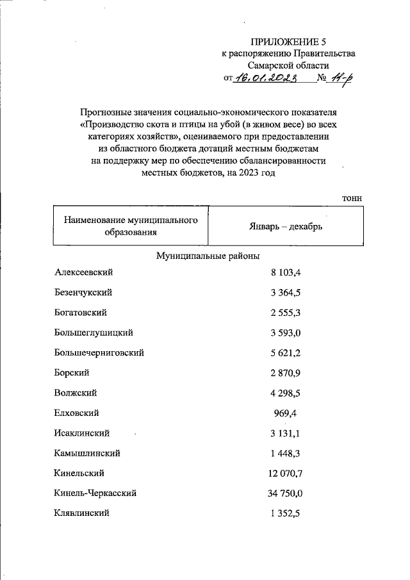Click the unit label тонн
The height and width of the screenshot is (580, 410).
[x=352, y=199]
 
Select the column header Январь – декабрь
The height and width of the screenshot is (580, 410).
[x=286, y=227]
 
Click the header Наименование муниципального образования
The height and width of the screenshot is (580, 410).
[x=130, y=226]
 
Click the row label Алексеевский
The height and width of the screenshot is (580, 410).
[x=84, y=272]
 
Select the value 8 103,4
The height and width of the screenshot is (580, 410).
[x=286, y=272]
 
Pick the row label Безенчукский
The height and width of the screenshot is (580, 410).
[x=84, y=292]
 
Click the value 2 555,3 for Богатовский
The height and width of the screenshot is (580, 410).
[x=286, y=312]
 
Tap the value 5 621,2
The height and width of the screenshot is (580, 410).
[x=286, y=352]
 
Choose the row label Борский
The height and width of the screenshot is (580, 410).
[x=72, y=372]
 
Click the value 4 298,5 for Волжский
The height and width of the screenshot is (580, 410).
[x=286, y=393]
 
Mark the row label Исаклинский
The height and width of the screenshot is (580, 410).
[x=83, y=433]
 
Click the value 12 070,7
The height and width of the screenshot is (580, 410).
[x=285, y=473]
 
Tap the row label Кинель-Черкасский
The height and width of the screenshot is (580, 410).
[x=95, y=493]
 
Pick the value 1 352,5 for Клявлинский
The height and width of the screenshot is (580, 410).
[x=286, y=513]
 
